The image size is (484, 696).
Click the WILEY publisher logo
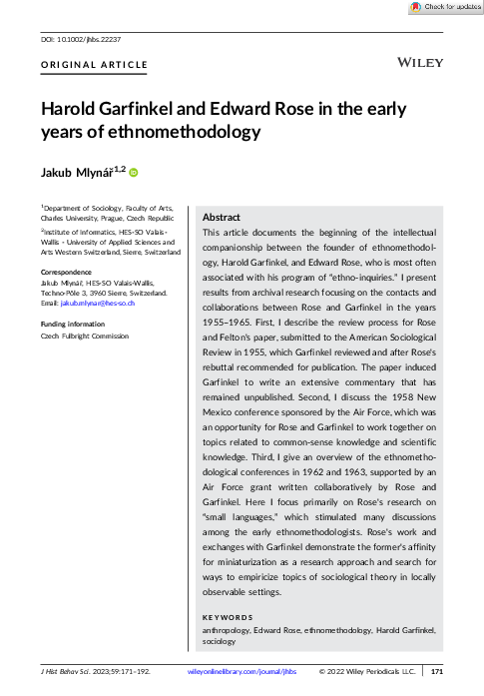coord(420,62)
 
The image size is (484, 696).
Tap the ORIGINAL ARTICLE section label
coord(94,65)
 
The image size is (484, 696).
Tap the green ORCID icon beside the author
coord(133,173)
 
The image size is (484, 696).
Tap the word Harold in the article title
coord(75,109)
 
